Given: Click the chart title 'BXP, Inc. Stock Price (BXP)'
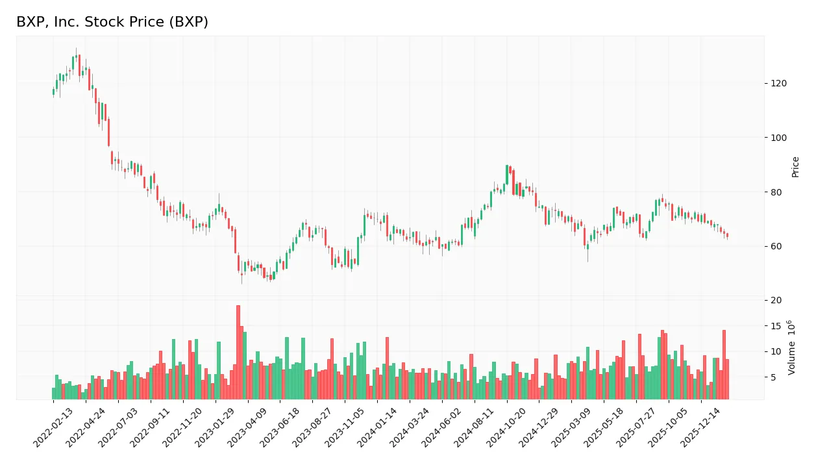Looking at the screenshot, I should click(112, 22).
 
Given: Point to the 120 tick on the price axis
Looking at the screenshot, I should click(779, 83).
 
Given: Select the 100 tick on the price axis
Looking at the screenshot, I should click(779, 138).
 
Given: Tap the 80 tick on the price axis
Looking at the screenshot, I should click(776, 192).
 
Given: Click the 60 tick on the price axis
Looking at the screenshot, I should click(776, 247).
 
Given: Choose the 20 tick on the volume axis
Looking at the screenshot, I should click(776, 300).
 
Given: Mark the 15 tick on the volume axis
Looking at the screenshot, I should click(776, 326).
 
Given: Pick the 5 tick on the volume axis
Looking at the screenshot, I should click(774, 377).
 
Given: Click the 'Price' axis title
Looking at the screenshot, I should click(795, 167).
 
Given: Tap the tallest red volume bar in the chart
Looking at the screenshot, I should click(238, 352).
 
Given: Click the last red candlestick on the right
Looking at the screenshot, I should click(727, 235).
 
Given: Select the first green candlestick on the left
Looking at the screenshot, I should click(53, 92).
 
